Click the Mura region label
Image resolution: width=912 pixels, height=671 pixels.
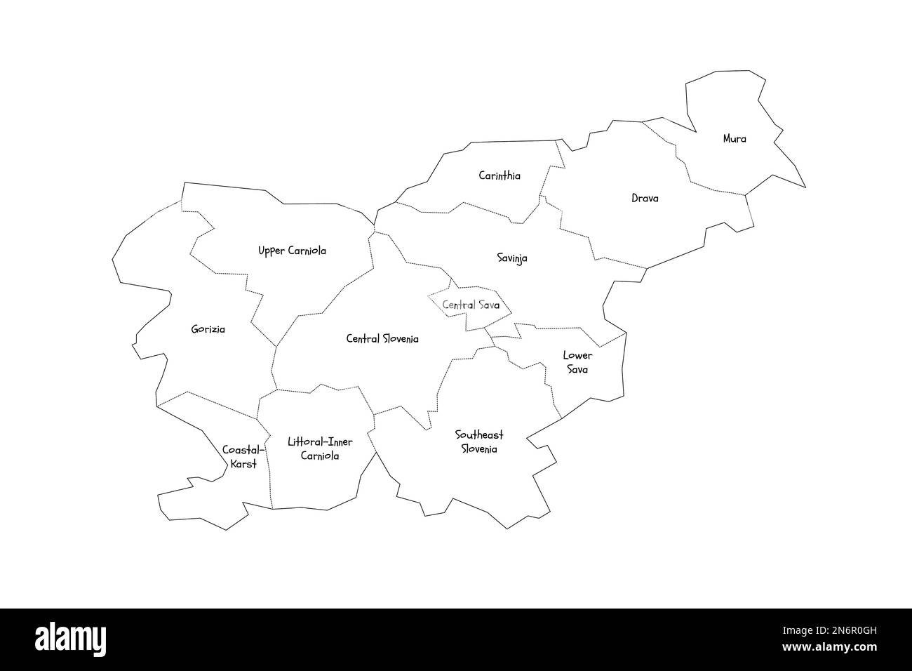(735, 139)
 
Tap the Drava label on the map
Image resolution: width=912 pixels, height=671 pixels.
(645, 199)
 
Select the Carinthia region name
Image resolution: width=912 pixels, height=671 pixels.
(499, 175)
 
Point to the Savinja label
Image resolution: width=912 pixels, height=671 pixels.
(512, 258)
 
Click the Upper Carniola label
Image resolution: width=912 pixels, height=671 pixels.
(292, 251)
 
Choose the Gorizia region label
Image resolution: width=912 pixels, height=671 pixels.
(208, 329)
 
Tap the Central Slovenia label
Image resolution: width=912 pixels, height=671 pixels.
(382, 339)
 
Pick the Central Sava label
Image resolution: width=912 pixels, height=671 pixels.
(471, 305)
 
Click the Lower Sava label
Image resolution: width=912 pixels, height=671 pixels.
(577, 362)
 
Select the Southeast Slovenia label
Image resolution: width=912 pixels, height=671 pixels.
(478, 442)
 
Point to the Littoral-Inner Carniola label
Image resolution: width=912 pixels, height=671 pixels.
(320, 449)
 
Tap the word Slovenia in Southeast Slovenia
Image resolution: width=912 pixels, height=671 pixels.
(478, 449)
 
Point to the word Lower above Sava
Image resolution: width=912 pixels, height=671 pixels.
(577, 355)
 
